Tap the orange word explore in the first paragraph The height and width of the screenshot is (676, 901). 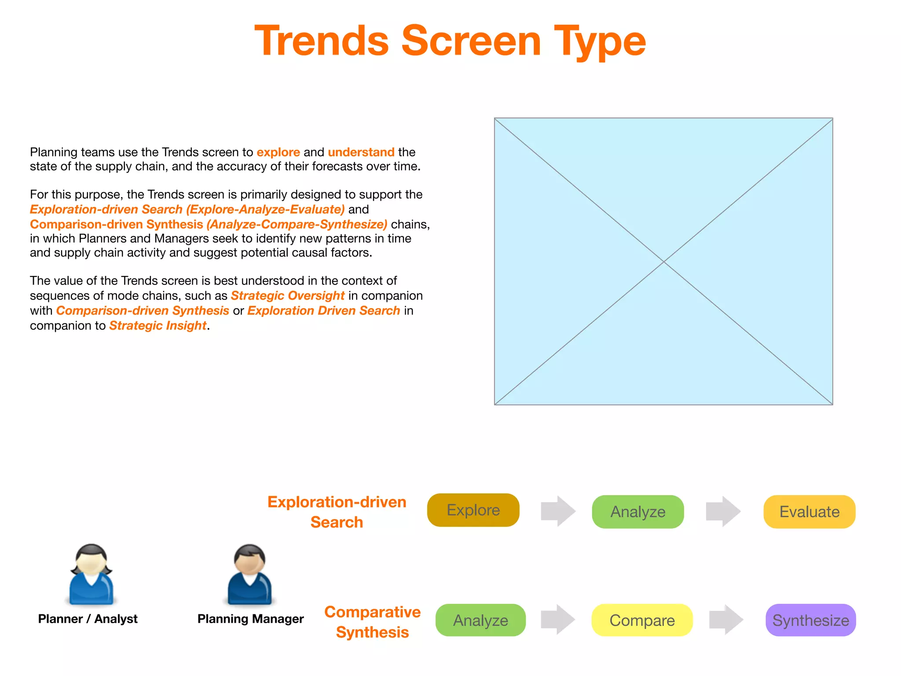click(x=278, y=152)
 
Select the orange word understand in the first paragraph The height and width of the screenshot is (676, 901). click(x=361, y=152)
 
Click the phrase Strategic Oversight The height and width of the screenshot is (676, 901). click(x=287, y=296)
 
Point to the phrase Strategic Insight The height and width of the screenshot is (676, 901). click(x=157, y=326)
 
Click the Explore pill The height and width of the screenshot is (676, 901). click(x=473, y=510)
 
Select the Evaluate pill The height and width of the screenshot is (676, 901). click(x=809, y=512)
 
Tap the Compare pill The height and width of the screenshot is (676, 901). click(x=642, y=620)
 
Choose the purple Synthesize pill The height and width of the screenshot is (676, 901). click(x=810, y=620)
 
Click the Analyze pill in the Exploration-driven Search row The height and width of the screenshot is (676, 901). click(x=637, y=512)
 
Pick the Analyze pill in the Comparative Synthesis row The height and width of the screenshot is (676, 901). click(x=480, y=620)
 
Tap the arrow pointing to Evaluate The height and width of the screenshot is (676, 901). click(x=723, y=511)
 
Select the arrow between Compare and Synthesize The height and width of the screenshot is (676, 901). click(x=726, y=620)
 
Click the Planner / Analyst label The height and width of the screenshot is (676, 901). click(x=88, y=619)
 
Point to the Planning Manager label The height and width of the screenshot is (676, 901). click(x=250, y=619)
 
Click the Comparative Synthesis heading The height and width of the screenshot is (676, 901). click(x=372, y=622)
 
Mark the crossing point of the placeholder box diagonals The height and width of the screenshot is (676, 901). click(x=663, y=261)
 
